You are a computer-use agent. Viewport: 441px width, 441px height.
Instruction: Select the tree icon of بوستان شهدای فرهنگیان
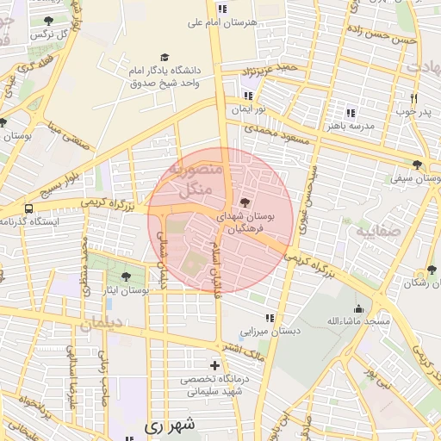coord(247,202)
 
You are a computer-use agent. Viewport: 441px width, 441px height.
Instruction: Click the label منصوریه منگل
coord(199,179)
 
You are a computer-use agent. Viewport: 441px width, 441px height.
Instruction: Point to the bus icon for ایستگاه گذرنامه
coord(29,208)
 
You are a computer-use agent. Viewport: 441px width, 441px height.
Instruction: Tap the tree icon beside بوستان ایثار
coord(127,276)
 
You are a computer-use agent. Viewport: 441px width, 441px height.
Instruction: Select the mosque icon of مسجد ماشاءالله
coord(359,308)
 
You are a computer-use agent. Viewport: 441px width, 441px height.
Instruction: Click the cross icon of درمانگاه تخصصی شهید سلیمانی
coord(214,366)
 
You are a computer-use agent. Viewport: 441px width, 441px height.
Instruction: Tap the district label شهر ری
coord(171,425)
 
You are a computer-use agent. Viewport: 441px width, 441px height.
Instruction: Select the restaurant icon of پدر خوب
coord(414,98)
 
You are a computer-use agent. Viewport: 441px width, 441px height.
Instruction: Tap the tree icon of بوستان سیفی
coord(418,165)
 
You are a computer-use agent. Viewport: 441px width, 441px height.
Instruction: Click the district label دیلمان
coord(102,326)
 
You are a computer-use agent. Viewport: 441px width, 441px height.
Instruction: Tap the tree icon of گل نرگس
coord(47,20)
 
